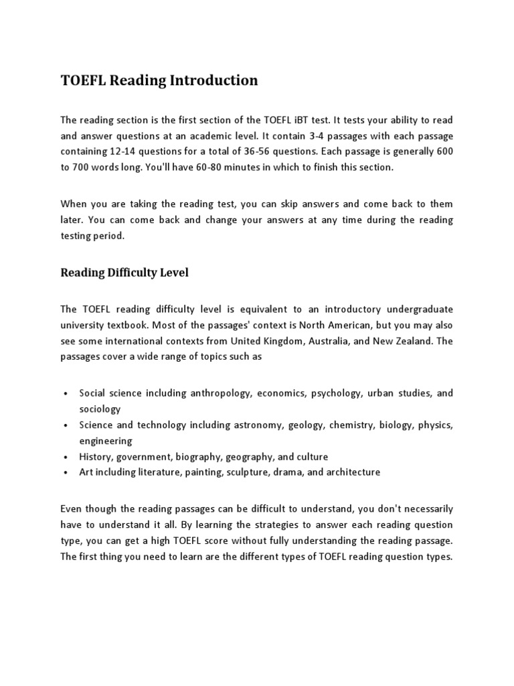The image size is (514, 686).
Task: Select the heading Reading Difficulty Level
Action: click(124, 272)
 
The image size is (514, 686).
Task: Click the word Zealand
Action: click(422, 341)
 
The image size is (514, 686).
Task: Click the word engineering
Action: click(106, 441)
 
